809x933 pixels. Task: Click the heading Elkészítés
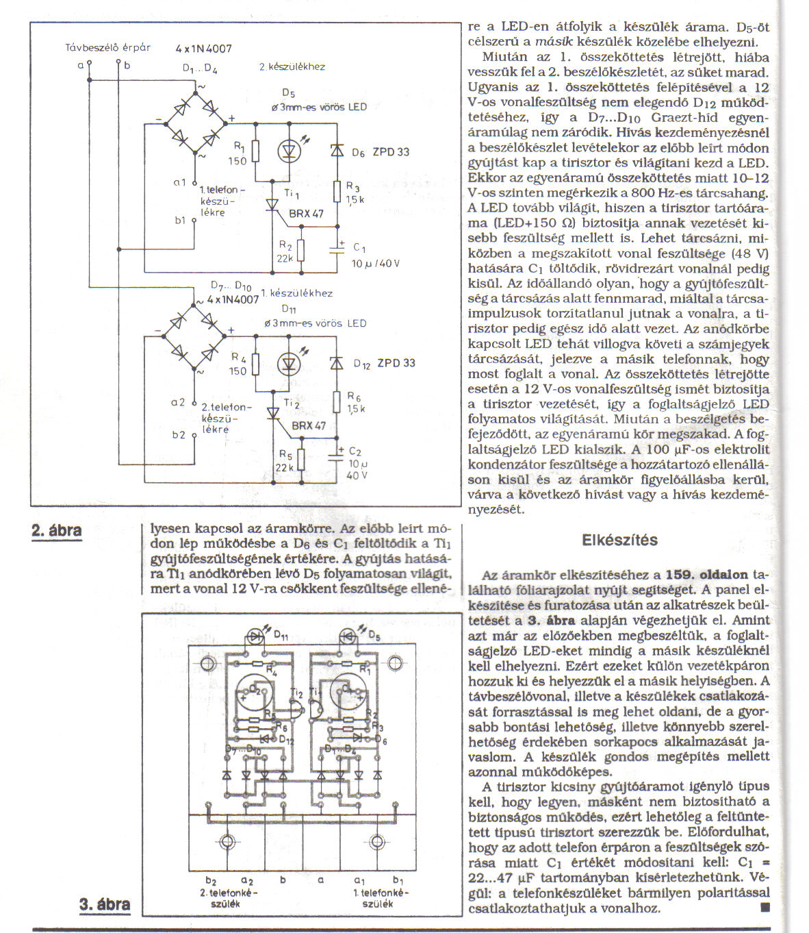[619, 540]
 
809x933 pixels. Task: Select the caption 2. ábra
[57, 530]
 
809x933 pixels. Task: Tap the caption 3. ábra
[105, 904]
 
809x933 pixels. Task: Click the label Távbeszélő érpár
[107, 48]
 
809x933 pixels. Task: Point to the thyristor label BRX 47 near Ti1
[306, 214]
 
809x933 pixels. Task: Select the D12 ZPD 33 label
[384, 363]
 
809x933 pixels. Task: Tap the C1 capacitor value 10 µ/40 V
[376, 263]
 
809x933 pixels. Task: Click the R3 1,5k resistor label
[355, 192]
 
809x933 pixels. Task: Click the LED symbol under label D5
[289, 150]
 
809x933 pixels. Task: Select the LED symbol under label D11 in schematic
[289, 362]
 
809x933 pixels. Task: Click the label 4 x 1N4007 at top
[203, 49]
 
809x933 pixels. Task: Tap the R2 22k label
[285, 251]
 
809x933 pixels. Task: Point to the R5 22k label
[285, 460]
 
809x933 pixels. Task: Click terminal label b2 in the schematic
[179, 434]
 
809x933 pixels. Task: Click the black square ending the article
[765, 908]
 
